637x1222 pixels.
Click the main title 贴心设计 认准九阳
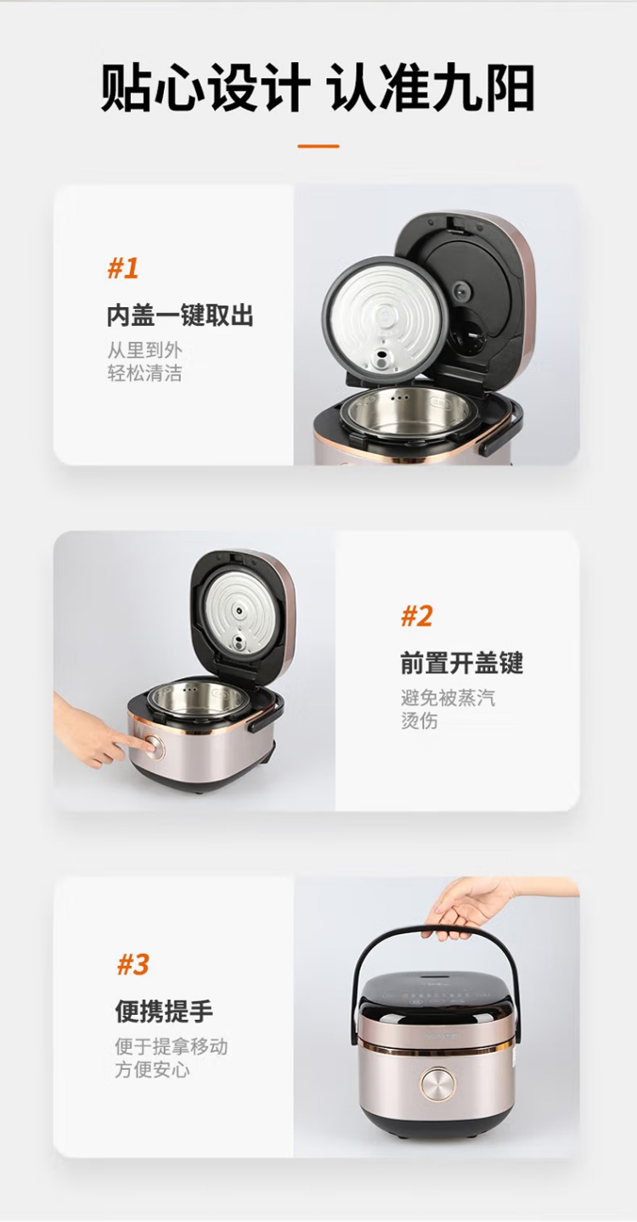(318, 87)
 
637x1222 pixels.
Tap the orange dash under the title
(318, 146)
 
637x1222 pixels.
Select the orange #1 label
(123, 268)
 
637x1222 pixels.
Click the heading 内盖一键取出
(180, 316)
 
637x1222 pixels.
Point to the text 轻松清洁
(144, 373)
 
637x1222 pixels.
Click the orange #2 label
(416, 616)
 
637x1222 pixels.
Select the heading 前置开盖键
(462, 664)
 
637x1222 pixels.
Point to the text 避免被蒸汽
(448, 698)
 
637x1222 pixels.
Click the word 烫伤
(420, 720)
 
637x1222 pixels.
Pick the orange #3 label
(133, 964)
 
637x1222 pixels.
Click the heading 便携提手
(164, 1011)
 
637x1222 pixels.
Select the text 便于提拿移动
(172, 1046)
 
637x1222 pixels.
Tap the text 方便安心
(152, 1069)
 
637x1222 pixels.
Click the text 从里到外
(144, 350)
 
